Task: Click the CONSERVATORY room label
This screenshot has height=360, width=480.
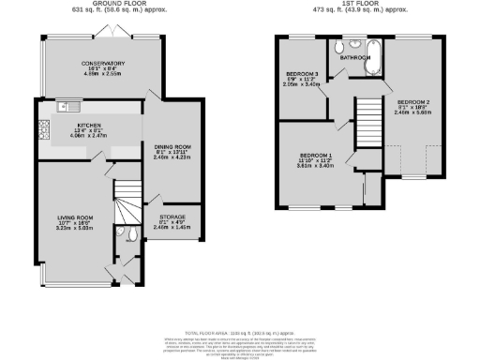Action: tap(104, 64)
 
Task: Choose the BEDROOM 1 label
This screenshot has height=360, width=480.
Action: tap(317, 157)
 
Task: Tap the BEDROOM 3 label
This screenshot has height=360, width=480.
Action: tap(302, 74)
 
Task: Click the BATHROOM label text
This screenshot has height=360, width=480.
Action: tap(355, 58)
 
